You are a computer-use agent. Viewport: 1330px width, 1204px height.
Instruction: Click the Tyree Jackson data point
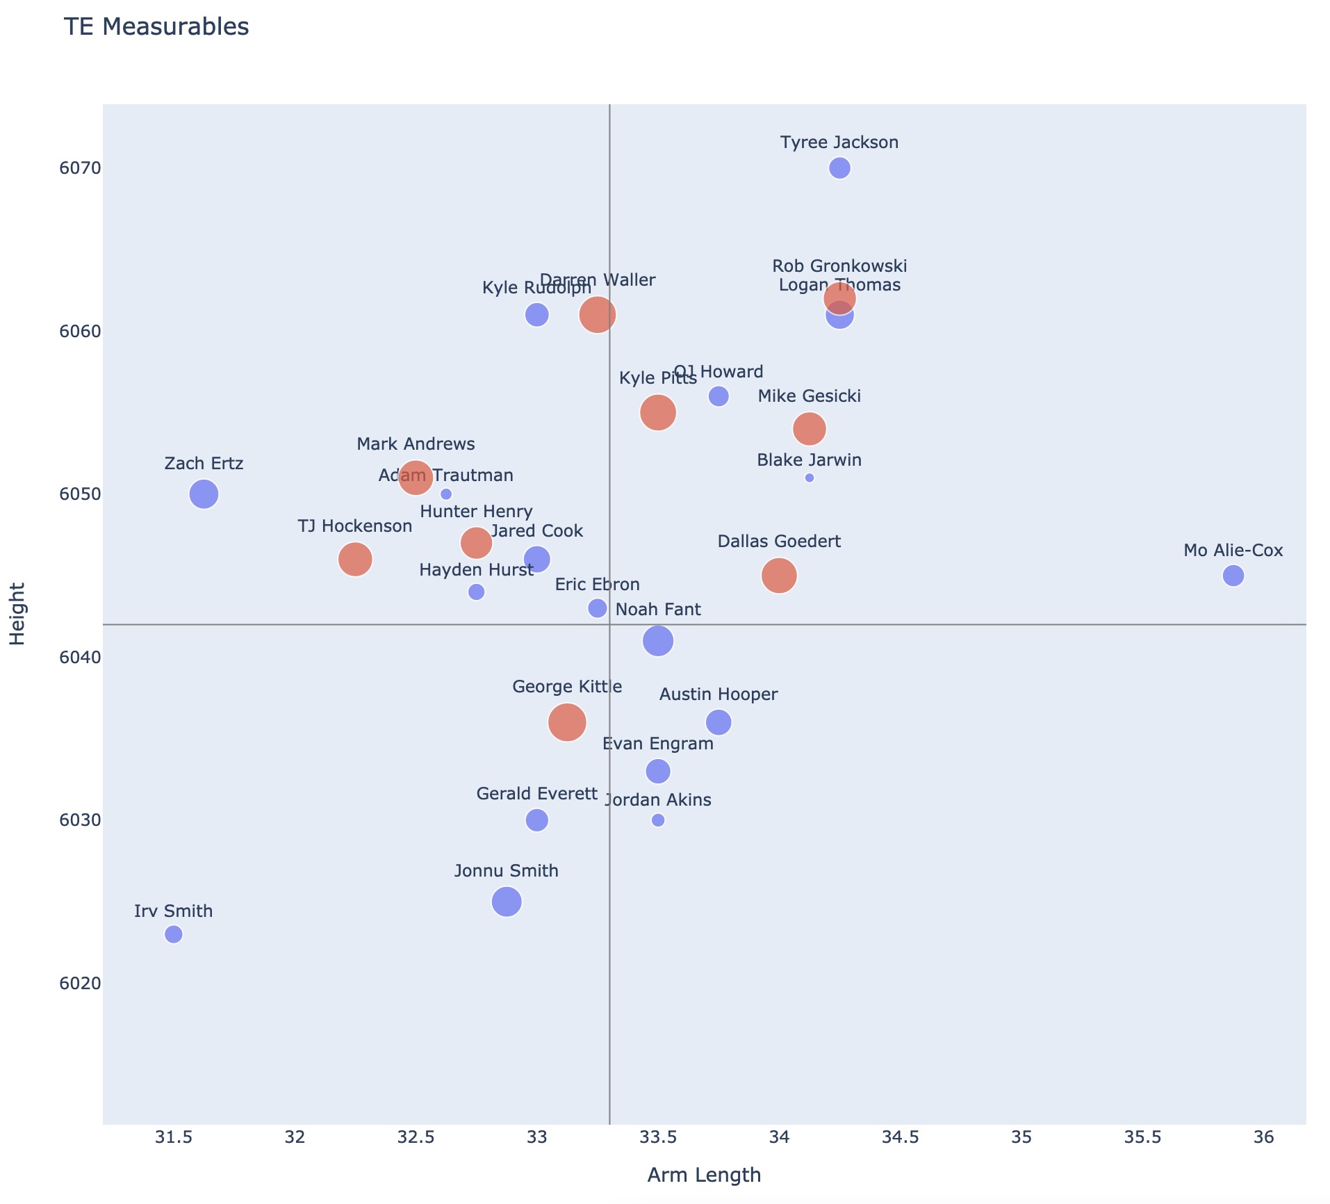(x=839, y=168)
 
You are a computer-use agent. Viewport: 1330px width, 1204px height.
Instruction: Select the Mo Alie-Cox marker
(x=1233, y=576)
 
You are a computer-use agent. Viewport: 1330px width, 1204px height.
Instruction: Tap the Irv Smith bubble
(x=174, y=934)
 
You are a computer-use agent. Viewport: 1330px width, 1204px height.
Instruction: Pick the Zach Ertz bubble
(x=204, y=494)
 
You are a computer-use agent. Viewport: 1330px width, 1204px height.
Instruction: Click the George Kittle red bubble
(x=567, y=722)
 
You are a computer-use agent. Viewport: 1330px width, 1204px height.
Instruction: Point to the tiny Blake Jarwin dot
(x=809, y=478)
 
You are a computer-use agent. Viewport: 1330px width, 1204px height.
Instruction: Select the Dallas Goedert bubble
(x=779, y=576)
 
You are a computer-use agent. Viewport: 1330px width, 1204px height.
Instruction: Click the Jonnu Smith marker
(x=507, y=902)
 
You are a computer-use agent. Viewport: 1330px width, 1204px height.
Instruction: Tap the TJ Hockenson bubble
(x=355, y=560)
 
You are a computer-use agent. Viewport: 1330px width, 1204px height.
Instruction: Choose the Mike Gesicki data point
(x=809, y=429)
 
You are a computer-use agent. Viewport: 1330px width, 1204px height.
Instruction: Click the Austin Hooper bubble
(x=719, y=722)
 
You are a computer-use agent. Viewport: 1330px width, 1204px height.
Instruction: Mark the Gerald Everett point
(x=536, y=820)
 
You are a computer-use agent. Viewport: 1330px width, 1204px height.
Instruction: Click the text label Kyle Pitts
(x=657, y=378)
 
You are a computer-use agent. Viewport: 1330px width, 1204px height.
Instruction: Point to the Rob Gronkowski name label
(x=839, y=266)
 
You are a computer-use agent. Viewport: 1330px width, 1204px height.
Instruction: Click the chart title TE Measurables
(x=156, y=27)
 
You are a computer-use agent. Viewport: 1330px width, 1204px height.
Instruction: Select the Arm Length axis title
(x=704, y=1175)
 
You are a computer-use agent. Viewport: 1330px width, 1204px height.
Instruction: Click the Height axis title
(x=18, y=614)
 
